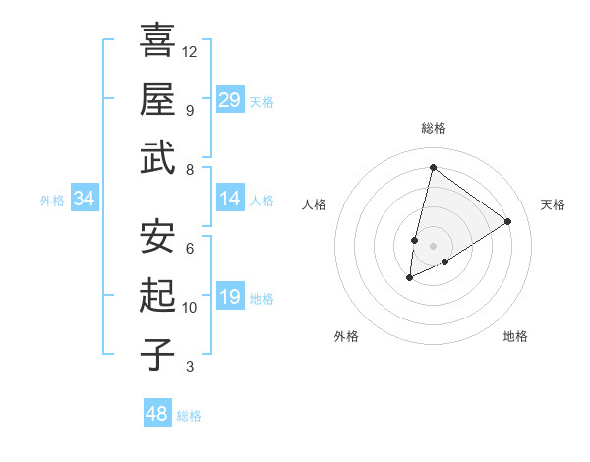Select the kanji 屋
pyautogui.click(x=157, y=98)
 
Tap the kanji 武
pyautogui.click(x=157, y=157)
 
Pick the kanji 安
pyautogui.click(x=157, y=236)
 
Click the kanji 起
pyautogui.click(x=157, y=295)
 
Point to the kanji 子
pyautogui.click(x=157, y=354)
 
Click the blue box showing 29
pyautogui.click(x=230, y=100)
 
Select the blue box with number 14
pyautogui.click(x=230, y=200)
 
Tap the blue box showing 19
pyautogui.click(x=230, y=298)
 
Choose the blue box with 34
pyautogui.click(x=85, y=200)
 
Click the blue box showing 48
pyautogui.click(x=157, y=414)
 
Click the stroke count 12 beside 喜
pyautogui.click(x=190, y=51)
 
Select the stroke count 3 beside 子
pyautogui.click(x=190, y=368)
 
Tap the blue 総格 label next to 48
pyautogui.click(x=189, y=416)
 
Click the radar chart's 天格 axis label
pyautogui.click(x=553, y=204)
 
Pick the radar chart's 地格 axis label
pyautogui.click(x=515, y=336)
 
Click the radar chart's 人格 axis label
pyautogui.click(x=314, y=204)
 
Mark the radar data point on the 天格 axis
pyautogui.click(x=507, y=222)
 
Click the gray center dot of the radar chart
pyautogui.click(x=433, y=245)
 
